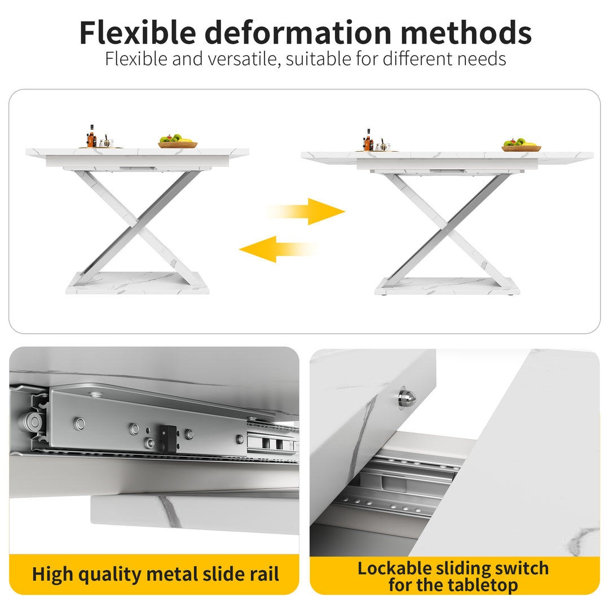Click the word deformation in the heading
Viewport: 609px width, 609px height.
(x=298, y=33)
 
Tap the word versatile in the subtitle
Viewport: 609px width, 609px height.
(x=246, y=59)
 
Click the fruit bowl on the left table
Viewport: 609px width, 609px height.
(x=177, y=142)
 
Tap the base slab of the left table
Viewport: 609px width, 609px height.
(x=138, y=283)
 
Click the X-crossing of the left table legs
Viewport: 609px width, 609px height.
(x=138, y=227)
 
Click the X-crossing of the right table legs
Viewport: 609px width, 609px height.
(x=445, y=228)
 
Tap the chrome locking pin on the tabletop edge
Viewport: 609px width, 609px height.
(x=406, y=398)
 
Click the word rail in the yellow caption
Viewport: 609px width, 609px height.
(x=263, y=574)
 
